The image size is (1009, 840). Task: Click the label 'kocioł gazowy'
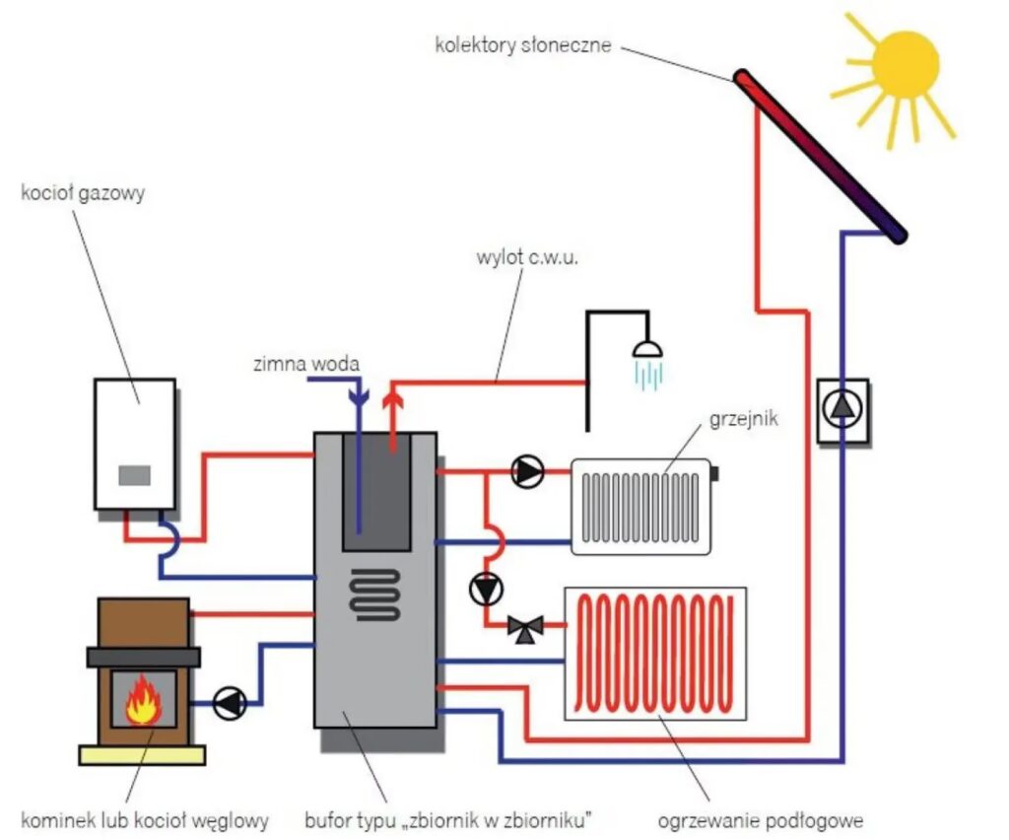pos(83,192)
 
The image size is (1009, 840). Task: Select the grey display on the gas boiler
pos(135,475)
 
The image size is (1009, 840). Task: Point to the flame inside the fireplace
pos(144,699)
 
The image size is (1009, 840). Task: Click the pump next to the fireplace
pos(231,703)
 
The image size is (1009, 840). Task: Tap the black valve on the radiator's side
pos(714,473)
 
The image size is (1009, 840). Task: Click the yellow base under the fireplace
pos(142,755)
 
